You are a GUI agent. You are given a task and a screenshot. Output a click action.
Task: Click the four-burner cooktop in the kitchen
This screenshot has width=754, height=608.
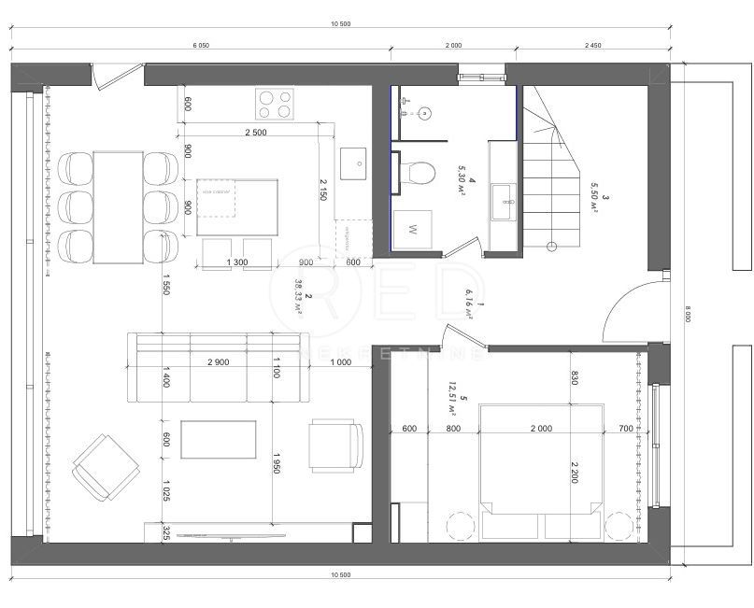(273, 104)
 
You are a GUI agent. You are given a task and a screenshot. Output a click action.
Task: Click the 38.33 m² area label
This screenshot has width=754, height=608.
(299, 299)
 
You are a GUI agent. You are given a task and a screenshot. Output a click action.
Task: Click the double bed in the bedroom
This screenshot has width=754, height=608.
(539, 458)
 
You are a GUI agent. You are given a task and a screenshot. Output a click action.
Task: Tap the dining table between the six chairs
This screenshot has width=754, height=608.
(118, 207)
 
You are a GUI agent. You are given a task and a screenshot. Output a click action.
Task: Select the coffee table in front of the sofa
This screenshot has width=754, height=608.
(219, 439)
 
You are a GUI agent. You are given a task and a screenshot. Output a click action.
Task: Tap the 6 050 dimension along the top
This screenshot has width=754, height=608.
(201, 45)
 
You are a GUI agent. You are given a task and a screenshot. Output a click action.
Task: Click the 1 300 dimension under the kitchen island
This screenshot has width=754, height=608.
(237, 262)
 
